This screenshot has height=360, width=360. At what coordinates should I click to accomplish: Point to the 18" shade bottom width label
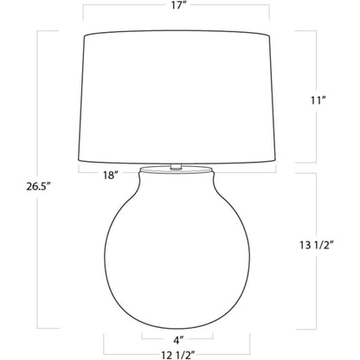109,175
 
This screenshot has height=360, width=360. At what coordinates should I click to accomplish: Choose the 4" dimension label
178,340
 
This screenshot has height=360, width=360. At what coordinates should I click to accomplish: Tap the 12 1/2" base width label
178,355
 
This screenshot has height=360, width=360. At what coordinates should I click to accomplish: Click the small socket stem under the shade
176,167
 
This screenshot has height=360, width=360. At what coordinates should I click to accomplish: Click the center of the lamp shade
177,97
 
